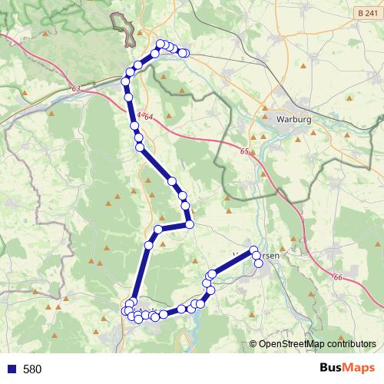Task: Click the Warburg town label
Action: tap(296, 120)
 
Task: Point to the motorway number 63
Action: tap(74, 89)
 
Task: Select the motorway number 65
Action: tap(243, 151)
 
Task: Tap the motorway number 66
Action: tap(338, 277)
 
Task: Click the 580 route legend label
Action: tap(32, 369)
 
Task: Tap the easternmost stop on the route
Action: tap(259, 263)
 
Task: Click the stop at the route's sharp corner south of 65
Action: tap(188, 224)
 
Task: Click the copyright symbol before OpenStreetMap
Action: tap(253, 344)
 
